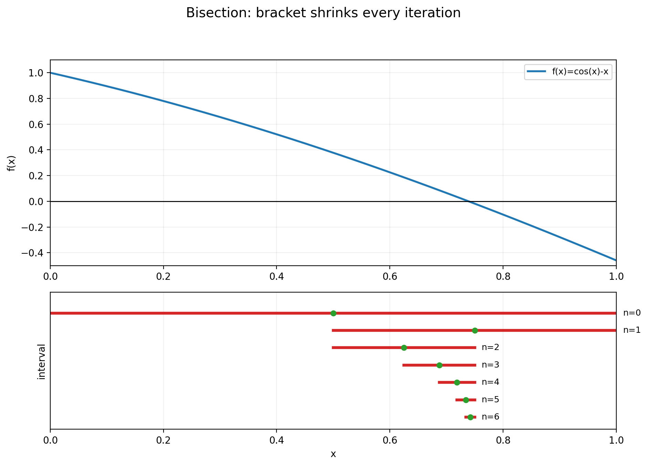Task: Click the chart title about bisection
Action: pyautogui.click(x=323, y=13)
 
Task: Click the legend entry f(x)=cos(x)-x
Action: pyautogui.click(x=580, y=72)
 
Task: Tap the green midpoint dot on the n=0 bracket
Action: pyautogui.click(x=333, y=313)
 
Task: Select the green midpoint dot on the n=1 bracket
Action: pyautogui.click(x=475, y=330)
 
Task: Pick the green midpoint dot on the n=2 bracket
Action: pyautogui.click(x=404, y=348)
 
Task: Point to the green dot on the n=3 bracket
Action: pyautogui.click(x=439, y=365)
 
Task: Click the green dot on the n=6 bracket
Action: pyautogui.click(x=470, y=417)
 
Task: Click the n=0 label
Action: pyautogui.click(x=632, y=313)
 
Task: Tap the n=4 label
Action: pyautogui.click(x=490, y=382)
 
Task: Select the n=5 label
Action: pyautogui.click(x=490, y=400)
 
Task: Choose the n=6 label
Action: pyautogui.click(x=490, y=417)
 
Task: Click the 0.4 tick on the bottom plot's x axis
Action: pyautogui.click(x=276, y=441)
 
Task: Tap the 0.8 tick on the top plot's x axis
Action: pyautogui.click(x=503, y=277)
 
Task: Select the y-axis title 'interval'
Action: pyautogui.click(x=42, y=361)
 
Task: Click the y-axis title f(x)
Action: pyautogui.click(x=12, y=163)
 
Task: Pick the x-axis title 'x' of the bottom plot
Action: pyautogui.click(x=333, y=454)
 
